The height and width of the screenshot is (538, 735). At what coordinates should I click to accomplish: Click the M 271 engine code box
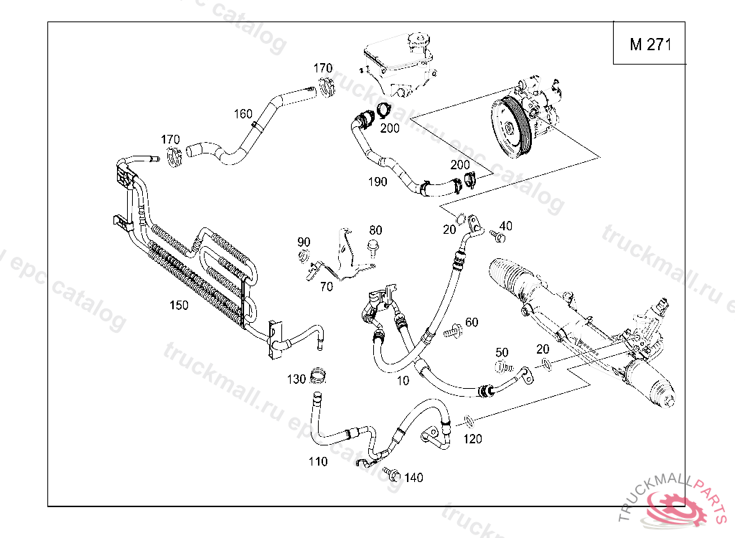(x=650, y=44)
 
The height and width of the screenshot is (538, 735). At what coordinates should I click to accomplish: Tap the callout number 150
(x=179, y=305)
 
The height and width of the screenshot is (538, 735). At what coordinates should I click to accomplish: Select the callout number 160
(x=243, y=113)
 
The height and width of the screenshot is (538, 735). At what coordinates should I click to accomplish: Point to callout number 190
(x=378, y=181)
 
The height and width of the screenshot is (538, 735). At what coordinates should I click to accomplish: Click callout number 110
(x=318, y=461)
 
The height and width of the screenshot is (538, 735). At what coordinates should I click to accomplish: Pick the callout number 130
(x=296, y=379)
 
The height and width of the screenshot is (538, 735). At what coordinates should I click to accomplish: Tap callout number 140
(x=414, y=478)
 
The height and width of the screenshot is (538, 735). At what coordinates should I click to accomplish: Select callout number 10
(x=403, y=381)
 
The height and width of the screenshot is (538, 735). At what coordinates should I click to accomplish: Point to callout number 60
(x=472, y=322)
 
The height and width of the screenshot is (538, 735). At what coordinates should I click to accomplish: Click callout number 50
(x=502, y=352)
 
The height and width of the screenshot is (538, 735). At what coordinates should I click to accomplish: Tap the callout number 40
(x=506, y=226)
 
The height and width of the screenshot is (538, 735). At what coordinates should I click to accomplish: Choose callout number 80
(x=376, y=230)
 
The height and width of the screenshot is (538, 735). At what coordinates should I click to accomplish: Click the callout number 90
(x=304, y=241)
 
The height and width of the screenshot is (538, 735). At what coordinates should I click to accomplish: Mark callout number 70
(x=327, y=287)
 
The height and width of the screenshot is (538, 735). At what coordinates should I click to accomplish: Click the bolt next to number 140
(x=392, y=474)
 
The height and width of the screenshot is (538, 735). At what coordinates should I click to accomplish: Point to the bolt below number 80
(x=373, y=248)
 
